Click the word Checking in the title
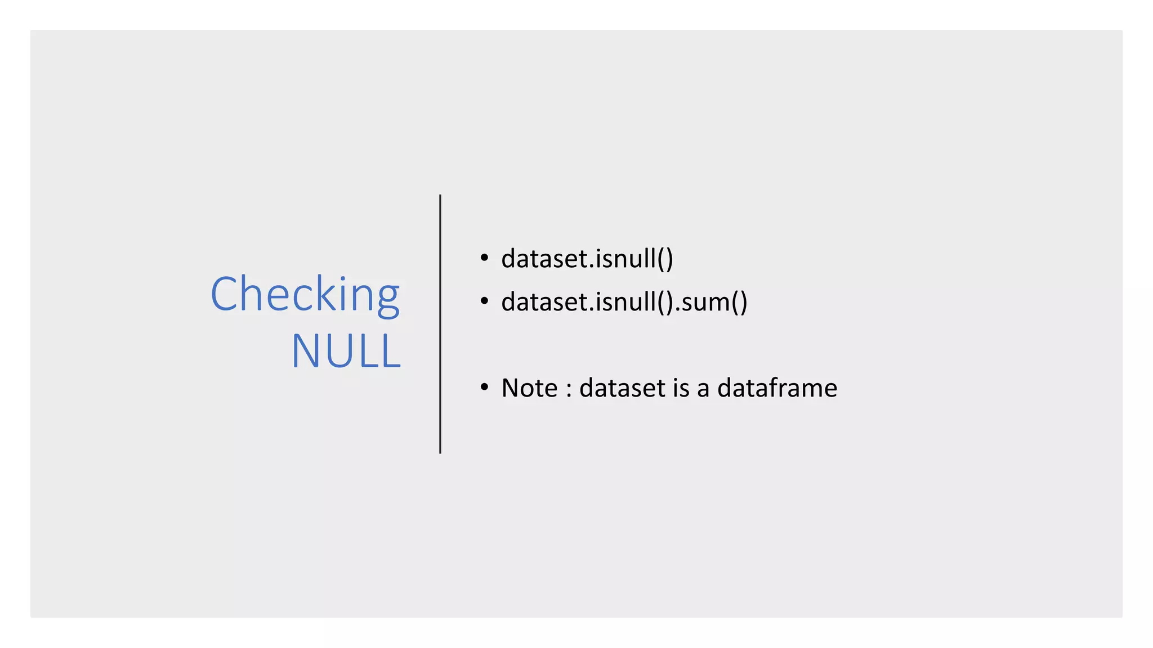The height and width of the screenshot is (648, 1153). (x=305, y=294)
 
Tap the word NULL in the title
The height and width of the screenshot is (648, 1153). (x=346, y=352)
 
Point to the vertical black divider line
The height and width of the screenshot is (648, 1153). (x=440, y=324)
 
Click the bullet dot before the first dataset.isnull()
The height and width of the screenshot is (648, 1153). (x=484, y=258)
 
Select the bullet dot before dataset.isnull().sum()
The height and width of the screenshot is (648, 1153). (x=484, y=301)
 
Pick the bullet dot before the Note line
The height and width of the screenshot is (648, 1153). (x=484, y=388)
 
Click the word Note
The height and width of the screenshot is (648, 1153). (x=529, y=388)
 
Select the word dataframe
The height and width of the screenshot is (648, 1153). (x=777, y=388)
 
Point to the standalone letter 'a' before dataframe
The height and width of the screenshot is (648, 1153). (x=703, y=389)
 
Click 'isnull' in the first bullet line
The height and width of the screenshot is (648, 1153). (x=625, y=259)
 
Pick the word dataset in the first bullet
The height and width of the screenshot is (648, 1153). (x=544, y=259)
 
